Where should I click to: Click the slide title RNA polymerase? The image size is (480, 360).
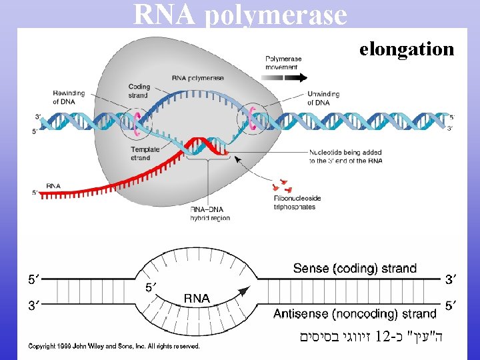point(240,15)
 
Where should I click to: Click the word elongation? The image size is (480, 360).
point(407,49)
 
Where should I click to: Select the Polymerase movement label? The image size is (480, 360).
point(283,63)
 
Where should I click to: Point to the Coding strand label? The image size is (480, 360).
point(139,91)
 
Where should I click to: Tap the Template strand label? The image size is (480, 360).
point(145,153)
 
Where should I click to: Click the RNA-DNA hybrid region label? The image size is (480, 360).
point(211,213)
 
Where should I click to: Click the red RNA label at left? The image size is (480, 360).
point(55,185)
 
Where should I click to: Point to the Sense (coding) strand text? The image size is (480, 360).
point(355,269)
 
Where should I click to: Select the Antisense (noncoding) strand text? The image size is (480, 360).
point(355,313)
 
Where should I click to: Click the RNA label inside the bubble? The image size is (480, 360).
point(197,299)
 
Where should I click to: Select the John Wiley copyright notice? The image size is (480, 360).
point(113,345)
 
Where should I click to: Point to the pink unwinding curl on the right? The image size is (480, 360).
point(252,117)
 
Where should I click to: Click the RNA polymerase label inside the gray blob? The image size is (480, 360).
point(198,78)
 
